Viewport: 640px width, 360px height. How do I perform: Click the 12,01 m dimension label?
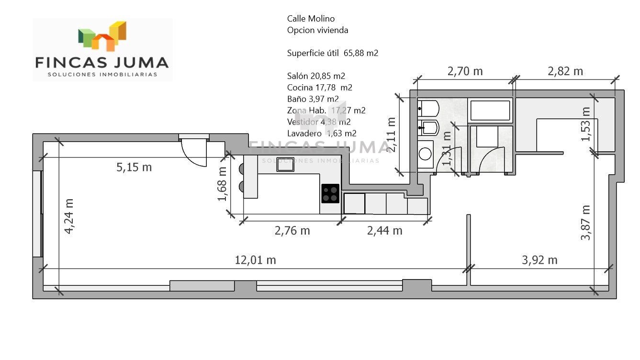(x=255, y=260)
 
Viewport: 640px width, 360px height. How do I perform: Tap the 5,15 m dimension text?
(x=134, y=167)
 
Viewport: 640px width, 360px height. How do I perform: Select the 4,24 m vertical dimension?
(x=69, y=216)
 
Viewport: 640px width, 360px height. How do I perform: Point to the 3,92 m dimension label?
(x=539, y=260)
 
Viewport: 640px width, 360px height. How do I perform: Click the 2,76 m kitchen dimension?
(x=292, y=231)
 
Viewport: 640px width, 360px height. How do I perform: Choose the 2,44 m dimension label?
(x=384, y=231)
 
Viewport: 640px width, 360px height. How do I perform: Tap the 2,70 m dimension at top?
(x=465, y=71)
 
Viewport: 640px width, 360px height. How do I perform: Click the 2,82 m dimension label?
(x=565, y=71)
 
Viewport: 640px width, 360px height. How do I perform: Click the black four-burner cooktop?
(x=330, y=194)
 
